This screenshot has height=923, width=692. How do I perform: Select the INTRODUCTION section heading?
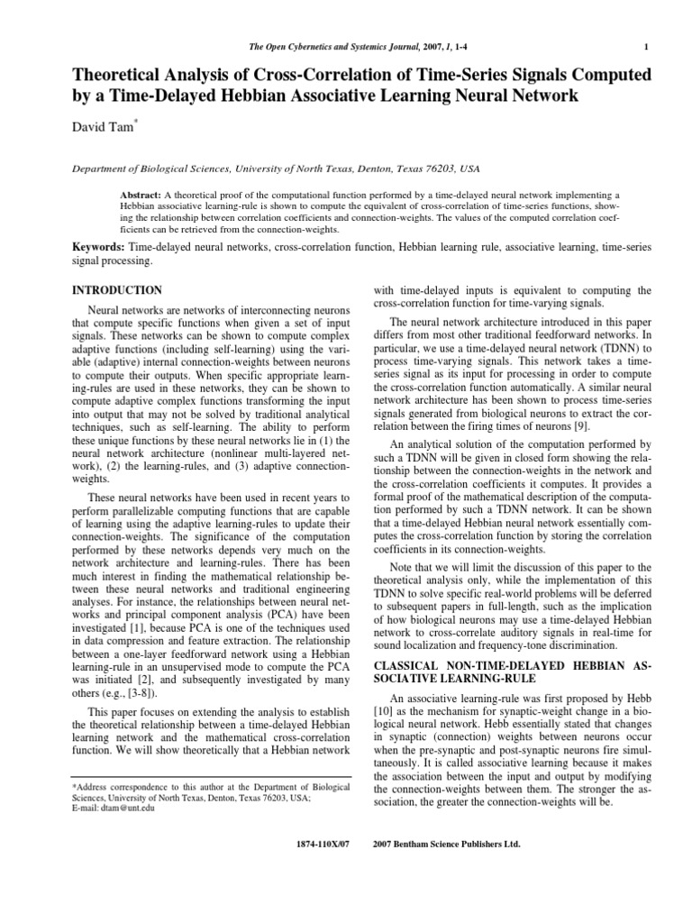click(x=116, y=290)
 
